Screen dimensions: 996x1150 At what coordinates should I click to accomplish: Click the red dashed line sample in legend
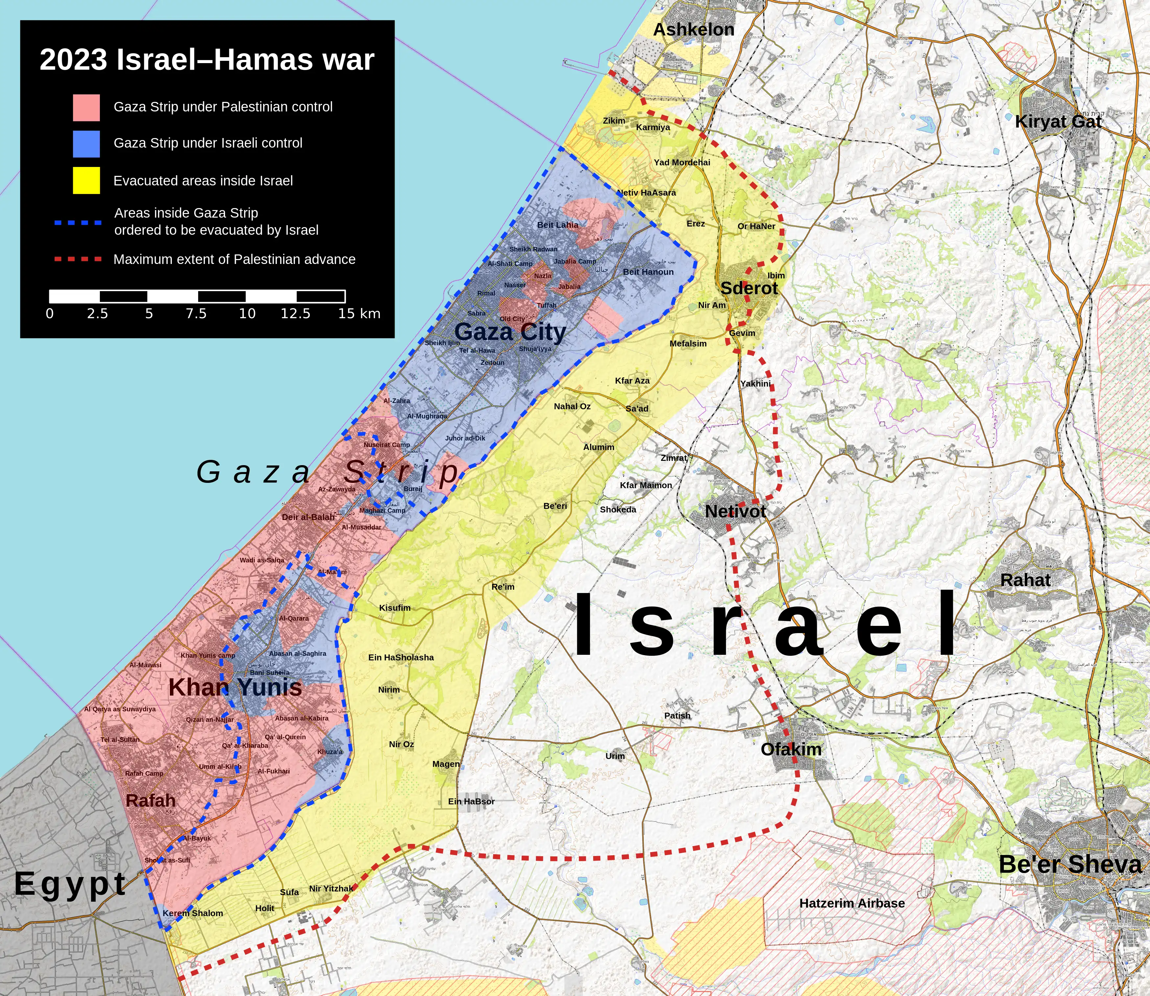tap(78, 259)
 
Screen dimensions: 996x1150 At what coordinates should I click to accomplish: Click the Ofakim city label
tap(791, 749)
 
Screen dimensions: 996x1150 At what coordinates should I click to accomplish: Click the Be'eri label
tap(555, 506)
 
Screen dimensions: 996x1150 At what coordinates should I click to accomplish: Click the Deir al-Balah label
tap(308, 517)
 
